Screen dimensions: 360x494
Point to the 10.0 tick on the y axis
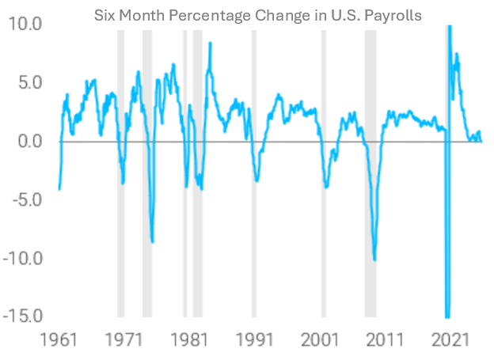point(26,24)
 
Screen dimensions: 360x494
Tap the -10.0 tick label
point(24,258)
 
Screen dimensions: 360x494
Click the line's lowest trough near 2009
point(374,259)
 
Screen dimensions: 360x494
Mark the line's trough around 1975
point(152,242)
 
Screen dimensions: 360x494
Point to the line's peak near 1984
point(210,44)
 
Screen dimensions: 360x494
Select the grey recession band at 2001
point(323,174)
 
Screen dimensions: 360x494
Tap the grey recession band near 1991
point(254,174)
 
